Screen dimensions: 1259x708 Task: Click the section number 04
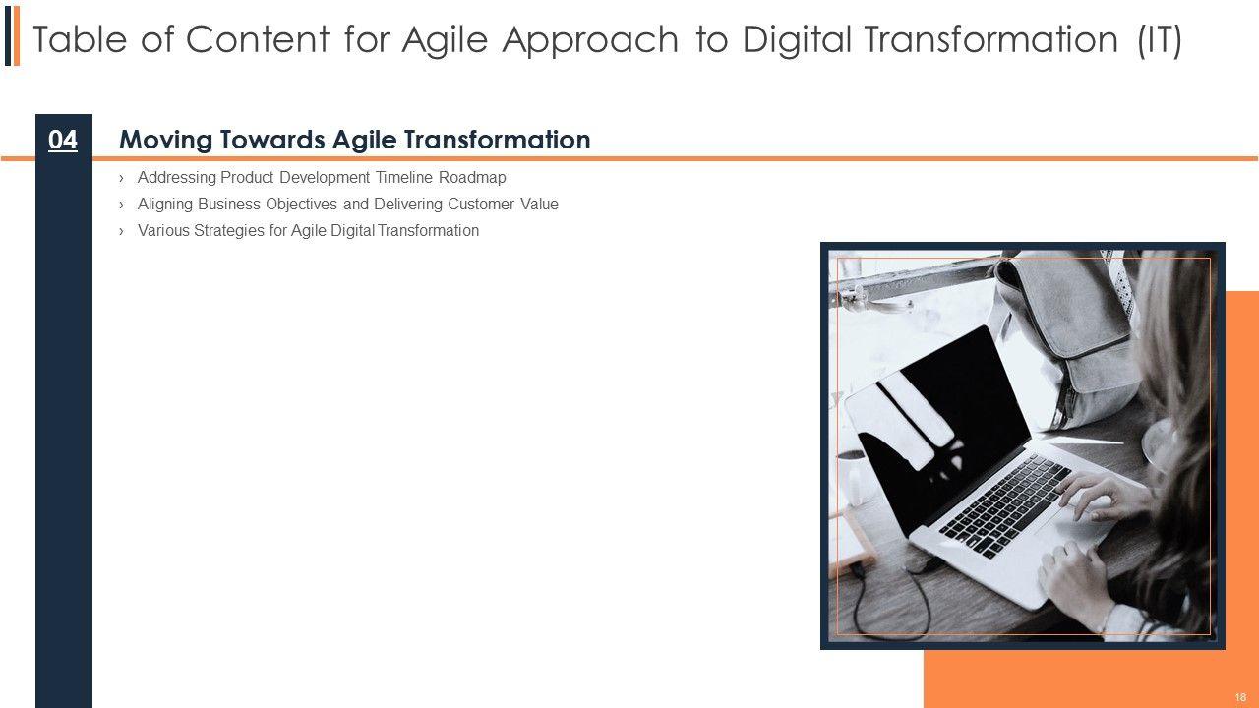62,140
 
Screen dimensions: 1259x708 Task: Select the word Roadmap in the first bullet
472,178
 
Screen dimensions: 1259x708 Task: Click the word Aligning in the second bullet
165,205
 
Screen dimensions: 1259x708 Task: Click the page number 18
1240,697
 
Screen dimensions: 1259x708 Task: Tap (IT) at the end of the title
1160,40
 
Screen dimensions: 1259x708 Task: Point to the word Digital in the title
797,40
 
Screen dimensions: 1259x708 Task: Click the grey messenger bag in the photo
1068,337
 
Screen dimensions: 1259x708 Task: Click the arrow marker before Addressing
121,179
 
